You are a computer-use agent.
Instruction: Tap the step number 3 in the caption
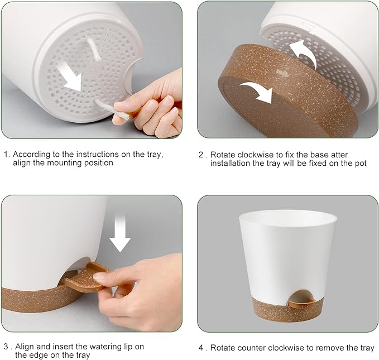pyautogui.click(x=6, y=347)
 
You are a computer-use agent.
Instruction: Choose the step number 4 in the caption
pyautogui.click(x=202, y=348)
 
